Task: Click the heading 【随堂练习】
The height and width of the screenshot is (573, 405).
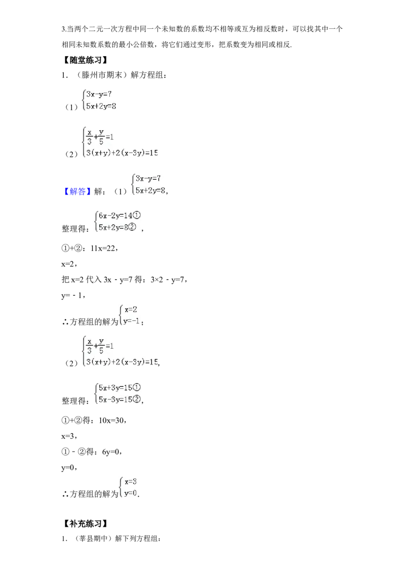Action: [85, 60]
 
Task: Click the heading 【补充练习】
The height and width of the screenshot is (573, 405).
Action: [85, 524]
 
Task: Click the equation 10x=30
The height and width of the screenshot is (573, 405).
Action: [112, 420]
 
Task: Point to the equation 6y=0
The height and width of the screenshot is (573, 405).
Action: [111, 452]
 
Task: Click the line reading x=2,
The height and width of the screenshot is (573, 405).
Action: [69, 264]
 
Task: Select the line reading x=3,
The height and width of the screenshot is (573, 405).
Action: [69, 436]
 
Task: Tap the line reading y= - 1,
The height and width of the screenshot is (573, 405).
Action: [73, 295]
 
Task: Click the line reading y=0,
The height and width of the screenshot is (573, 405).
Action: [69, 467]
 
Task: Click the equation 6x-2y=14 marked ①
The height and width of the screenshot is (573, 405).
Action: [119, 215]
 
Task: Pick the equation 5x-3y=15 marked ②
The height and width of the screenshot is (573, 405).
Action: [119, 399]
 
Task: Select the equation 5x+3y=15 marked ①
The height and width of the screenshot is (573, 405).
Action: [119, 387]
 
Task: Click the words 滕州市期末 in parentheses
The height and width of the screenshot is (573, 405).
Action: [102, 75]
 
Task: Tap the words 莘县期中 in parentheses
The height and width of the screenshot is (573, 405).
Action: [95, 538]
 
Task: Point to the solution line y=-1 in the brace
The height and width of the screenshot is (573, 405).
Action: [132, 321]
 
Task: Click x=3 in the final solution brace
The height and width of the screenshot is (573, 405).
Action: [131, 482]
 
